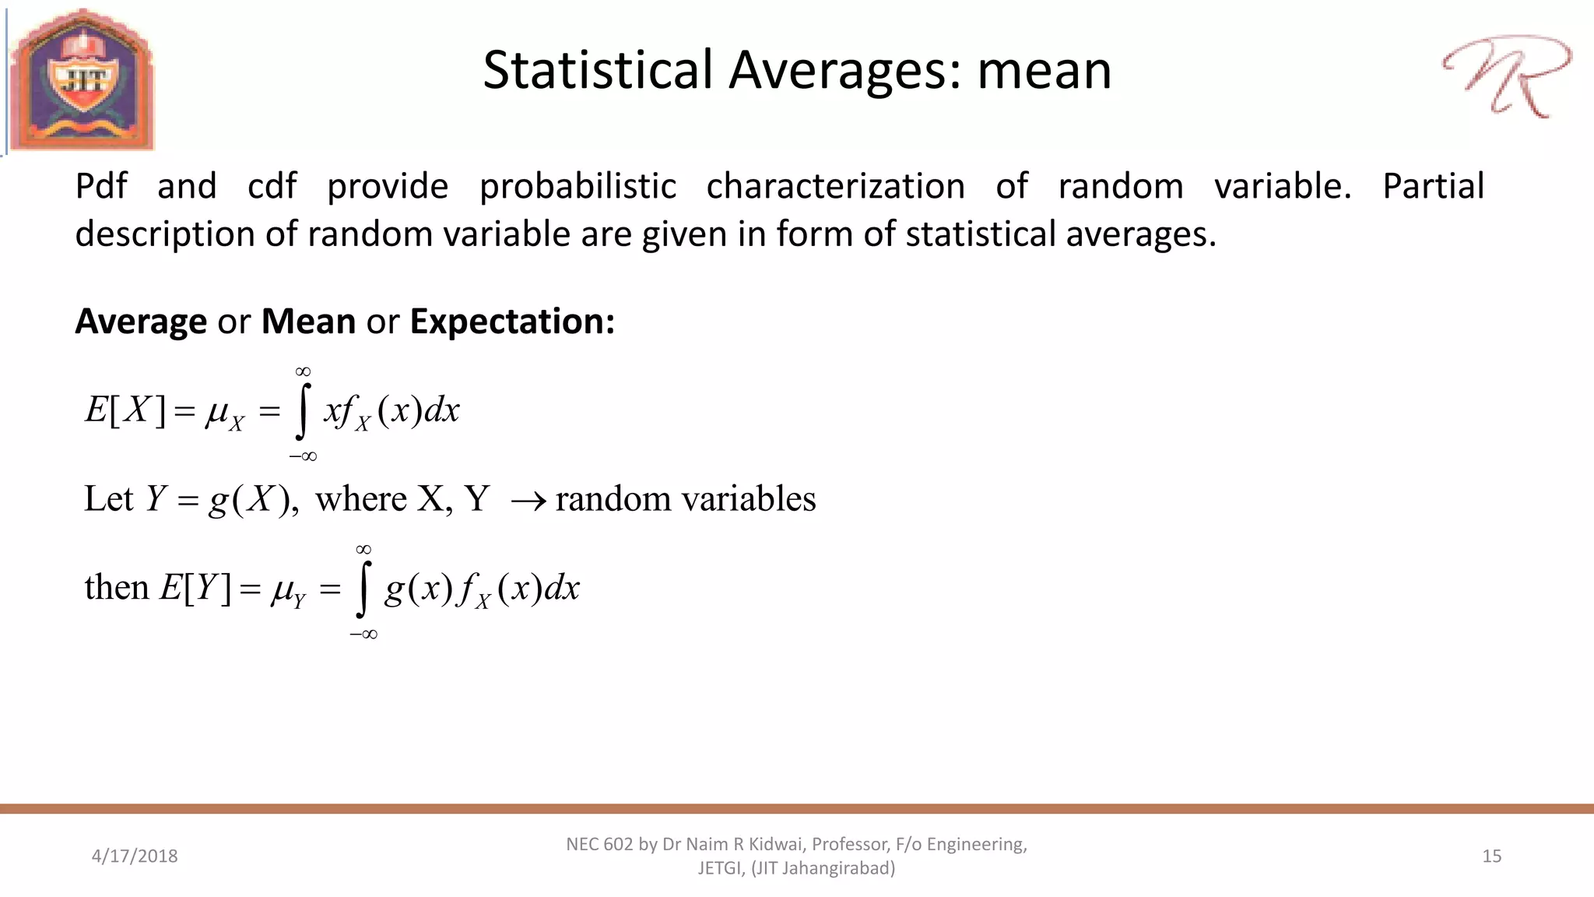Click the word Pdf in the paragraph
[x=101, y=187]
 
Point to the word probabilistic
[x=578, y=187]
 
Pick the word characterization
[x=835, y=187]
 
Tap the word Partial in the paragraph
[x=1433, y=187]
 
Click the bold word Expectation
[x=511, y=322]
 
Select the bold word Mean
[x=308, y=322]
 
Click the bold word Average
[x=141, y=322]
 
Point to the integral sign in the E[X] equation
[x=304, y=411]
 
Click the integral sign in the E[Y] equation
[x=363, y=589]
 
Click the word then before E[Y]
[x=117, y=587]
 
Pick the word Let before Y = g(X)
[x=108, y=499]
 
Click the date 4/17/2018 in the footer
[x=135, y=856]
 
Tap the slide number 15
[x=1491, y=856]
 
